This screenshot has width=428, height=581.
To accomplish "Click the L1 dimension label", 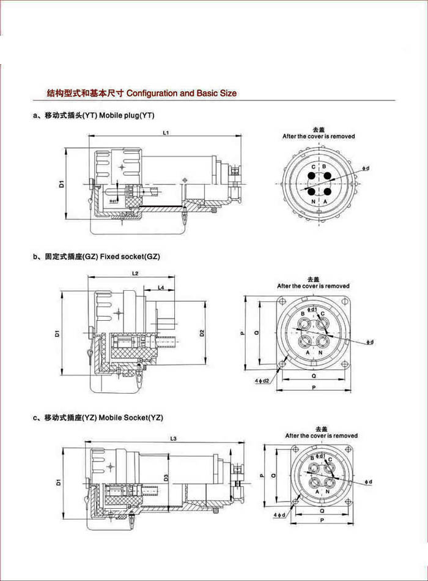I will point(166,132).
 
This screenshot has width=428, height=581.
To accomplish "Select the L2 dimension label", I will point(135,272).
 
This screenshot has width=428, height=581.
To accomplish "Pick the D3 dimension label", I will point(166,478).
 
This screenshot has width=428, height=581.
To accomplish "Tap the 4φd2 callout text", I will point(262,380).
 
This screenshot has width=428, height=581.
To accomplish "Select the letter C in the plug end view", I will point(313,167).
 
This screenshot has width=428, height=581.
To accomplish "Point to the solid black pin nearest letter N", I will point(312,191).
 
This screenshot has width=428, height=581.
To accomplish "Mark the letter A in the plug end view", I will point(326,201).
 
